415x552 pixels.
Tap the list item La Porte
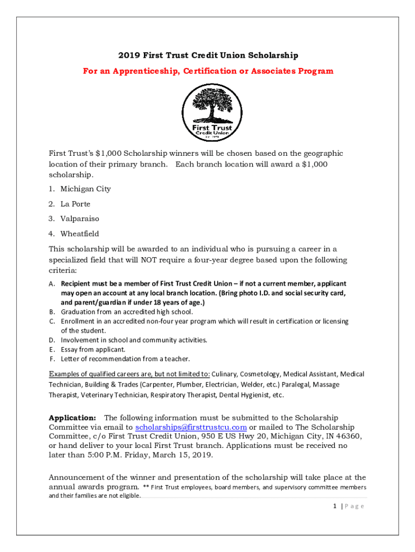click(75, 204)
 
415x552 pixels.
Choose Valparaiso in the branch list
click(80, 219)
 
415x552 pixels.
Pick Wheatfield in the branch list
click(80, 234)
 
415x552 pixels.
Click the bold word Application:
click(73, 418)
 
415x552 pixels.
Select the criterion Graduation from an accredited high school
click(127, 312)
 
